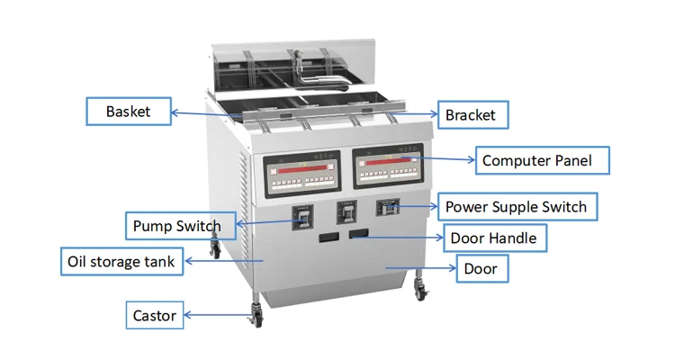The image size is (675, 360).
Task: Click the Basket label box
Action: (128, 112)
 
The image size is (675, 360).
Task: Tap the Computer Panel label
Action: (536, 161)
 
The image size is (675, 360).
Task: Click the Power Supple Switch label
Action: (516, 207)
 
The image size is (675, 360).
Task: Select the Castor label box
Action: (155, 315)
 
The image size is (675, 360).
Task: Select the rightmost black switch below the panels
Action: (388, 209)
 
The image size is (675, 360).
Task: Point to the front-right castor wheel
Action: (420, 290)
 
